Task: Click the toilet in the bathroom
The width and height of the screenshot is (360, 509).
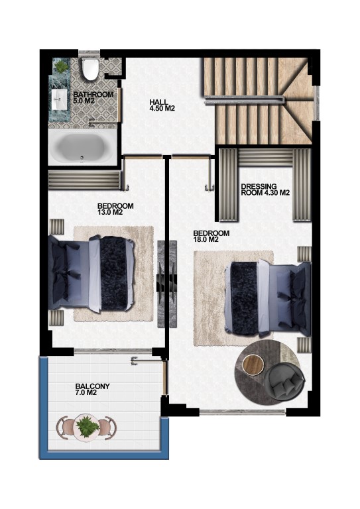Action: pyautogui.click(x=90, y=68)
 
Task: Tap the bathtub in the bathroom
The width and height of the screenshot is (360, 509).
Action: pyautogui.click(x=82, y=147)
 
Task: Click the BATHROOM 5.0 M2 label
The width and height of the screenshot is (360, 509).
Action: pyautogui.click(x=93, y=97)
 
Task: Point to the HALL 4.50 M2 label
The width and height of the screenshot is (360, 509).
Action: pyautogui.click(x=162, y=105)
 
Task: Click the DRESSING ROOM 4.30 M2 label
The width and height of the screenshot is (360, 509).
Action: pyautogui.click(x=265, y=190)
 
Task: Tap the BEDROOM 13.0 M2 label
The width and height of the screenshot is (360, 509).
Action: pyautogui.click(x=115, y=209)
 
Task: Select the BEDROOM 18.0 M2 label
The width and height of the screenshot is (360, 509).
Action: pyautogui.click(x=211, y=237)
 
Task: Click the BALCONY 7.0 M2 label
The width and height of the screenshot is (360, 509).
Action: pyautogui.click(x=93, y=390)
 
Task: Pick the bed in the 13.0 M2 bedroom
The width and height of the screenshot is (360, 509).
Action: pyautogui.click(x=91, y=274)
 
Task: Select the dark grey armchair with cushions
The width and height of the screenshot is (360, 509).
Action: pyautogui.click(x=284, y=381)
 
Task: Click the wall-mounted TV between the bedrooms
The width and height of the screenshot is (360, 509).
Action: pyautogui.click(x=167, y=284)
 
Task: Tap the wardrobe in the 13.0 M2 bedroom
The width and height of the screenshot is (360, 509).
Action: pyautogui.click(x=84, y=180)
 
